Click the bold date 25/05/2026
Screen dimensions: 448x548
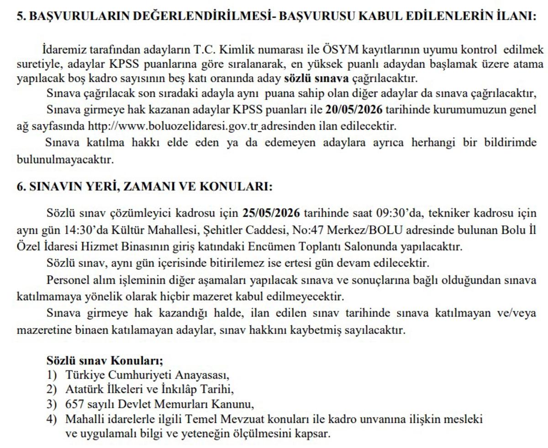tap(271, 213)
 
